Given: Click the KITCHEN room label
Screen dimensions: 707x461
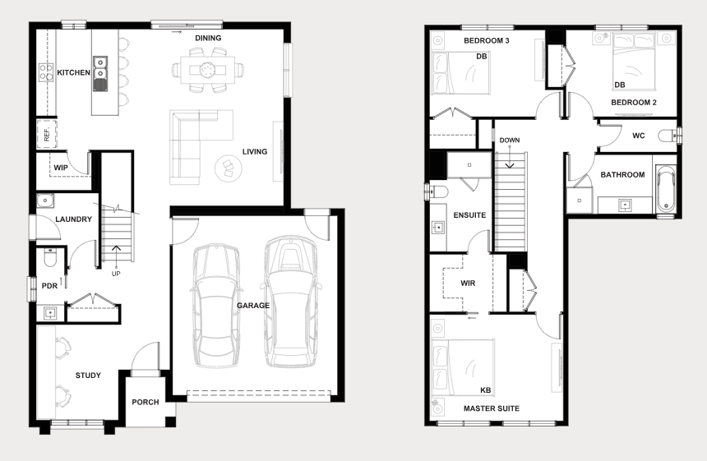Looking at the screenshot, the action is coord(73,72).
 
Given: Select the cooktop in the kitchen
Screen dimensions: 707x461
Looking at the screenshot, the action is coord(46,72).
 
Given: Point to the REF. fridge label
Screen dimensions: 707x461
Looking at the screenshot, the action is coord(47,134).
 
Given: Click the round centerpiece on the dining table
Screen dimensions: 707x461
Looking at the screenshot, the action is coord(208,69).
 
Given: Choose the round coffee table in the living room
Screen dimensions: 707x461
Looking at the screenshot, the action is coord(229,168).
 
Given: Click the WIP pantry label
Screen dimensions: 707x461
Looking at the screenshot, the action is coord(61,168).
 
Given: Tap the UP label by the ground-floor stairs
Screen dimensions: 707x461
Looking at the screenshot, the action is coord(116,274).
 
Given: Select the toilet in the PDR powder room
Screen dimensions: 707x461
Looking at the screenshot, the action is coord(50,257).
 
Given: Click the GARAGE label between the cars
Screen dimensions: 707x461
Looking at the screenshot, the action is coord(253,306).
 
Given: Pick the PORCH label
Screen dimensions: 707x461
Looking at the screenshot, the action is coord(146,402).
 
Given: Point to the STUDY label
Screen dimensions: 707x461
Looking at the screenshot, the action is coord(88,376).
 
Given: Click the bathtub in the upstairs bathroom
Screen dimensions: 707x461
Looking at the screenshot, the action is coord(666,189).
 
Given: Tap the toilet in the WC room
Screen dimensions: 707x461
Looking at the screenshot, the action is coord(667,136).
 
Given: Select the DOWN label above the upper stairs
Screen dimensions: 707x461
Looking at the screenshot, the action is coord(510,141).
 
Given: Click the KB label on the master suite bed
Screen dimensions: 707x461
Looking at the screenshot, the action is coord(486,390).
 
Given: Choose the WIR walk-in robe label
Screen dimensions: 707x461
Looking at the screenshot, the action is coord(468,284).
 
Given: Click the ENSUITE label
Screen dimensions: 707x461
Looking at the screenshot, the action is coord(469,215).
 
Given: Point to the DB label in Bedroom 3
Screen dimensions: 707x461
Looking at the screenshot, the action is coord(482,57).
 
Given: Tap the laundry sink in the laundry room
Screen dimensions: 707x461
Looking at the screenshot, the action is coord(45,201).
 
